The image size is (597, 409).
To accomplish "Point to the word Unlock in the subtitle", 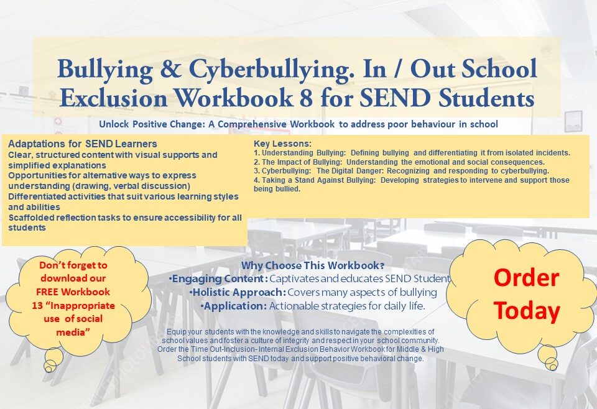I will pos(113,124).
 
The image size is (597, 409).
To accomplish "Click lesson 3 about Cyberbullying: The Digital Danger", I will pos(401,171).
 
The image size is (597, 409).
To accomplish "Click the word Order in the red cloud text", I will pos(526,278).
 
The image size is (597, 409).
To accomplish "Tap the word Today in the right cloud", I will pos(526,310).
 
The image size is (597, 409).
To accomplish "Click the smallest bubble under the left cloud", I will pos(48,369).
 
